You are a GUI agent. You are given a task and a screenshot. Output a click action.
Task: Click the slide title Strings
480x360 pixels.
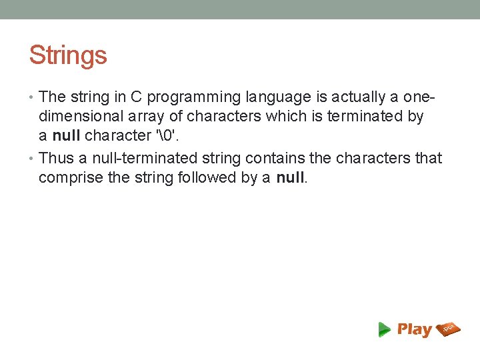pyautogui.click(x=68, y=55)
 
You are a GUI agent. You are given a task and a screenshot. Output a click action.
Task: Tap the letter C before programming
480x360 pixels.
pyautogui.click(x=135, y=97)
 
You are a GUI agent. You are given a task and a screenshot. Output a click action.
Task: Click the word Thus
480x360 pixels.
pyautogui.click(x=56, y=159)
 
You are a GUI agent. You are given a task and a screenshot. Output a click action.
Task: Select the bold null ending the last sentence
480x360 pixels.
pyautogui.click(x=289, y=178)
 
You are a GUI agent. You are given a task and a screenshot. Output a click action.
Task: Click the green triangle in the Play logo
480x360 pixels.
pyautogui.click(x=384, y=329)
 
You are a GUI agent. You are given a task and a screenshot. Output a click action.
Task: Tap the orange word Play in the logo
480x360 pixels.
pyautogui.click(x=414, y=329)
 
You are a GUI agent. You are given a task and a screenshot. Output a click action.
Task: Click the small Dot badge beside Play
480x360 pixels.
pyautogui.click(x=448, y=328)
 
